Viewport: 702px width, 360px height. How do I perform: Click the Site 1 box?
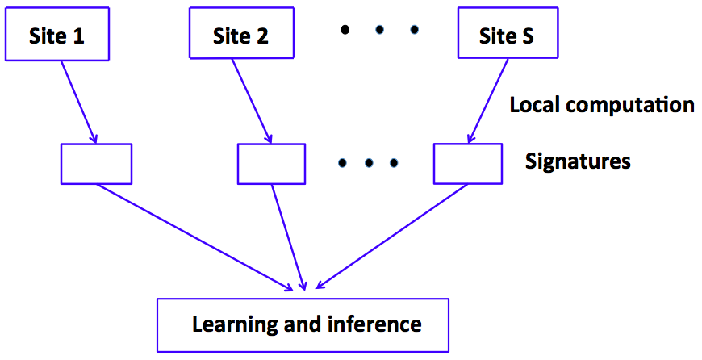pos(56,36)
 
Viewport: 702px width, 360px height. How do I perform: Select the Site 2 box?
pos(240,36)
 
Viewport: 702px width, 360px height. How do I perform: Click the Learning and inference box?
pos(303,324)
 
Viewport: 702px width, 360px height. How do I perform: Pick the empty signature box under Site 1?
pos(96,164)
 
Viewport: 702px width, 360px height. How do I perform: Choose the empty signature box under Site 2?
pos(271,164)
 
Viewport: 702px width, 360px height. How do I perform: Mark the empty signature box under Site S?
pos(468,164)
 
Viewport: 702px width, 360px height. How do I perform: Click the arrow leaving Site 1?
pos(78,101)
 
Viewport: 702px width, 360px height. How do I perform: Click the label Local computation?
pos(602,105)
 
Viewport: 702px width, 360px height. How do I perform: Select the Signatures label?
pos(578,161)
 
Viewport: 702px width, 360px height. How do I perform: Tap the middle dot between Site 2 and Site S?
pos(379,31)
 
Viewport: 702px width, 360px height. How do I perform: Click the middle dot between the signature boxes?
pos(368,163)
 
